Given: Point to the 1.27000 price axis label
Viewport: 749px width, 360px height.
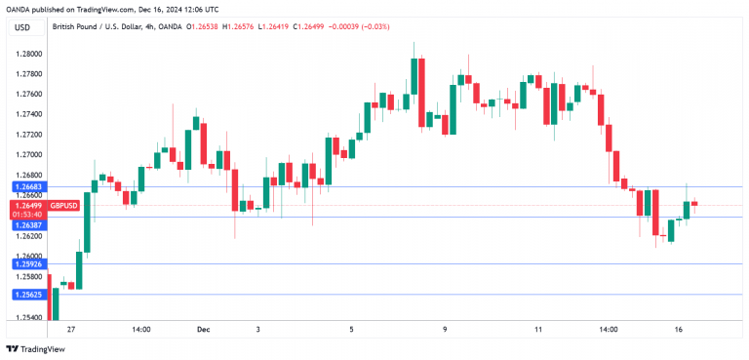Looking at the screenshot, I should [x=29, y=155].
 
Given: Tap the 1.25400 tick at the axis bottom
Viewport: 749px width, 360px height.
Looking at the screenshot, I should [x=29, y=318].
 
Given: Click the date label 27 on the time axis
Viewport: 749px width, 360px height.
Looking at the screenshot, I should [x=71, y=330].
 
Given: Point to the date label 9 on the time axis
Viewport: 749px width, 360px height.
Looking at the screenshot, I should [x=445, y=330].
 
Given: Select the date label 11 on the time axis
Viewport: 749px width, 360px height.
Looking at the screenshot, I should [x=537, y=330].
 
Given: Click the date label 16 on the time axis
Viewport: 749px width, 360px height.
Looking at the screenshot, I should [x=678, y=330].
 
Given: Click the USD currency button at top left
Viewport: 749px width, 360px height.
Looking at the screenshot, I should [x=22, y=27].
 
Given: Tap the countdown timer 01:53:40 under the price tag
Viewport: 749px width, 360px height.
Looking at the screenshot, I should [x=27, y=215].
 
